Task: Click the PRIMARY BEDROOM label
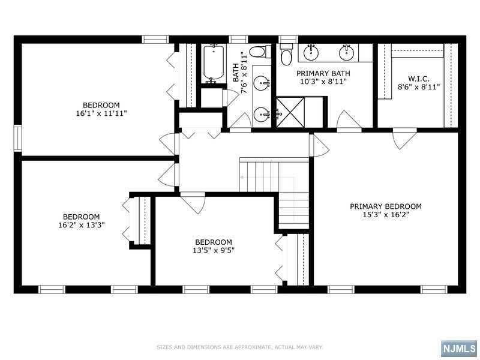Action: click(385, 206)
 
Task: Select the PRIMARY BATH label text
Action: click(323, 73)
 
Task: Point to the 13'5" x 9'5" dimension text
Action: click(214, 250)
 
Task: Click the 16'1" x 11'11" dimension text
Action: click(101, 113)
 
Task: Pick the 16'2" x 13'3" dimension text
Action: click(82, 225)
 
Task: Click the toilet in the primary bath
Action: click(287, 55)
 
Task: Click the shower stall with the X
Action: click(291, 112)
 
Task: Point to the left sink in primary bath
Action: click(311, 53)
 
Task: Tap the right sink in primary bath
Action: click(347, 53)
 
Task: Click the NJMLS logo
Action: click(459, 349)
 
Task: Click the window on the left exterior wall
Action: click(18, 138)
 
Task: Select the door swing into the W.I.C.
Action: click(404, 139)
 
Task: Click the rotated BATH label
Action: click(236, 73)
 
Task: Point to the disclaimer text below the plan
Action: click(239, 347)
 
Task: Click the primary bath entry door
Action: click(349, 122)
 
